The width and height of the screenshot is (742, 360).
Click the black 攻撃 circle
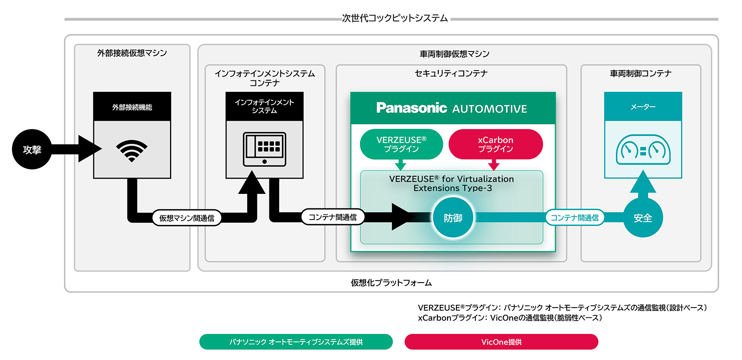click(x=32, y=149)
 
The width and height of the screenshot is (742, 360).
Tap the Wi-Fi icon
click(x=132, y=150)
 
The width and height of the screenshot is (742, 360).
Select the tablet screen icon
click(x=264, y=149)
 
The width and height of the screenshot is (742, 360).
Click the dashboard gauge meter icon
click(x=643, y=150)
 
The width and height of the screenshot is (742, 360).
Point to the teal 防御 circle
click(x=453, y=218)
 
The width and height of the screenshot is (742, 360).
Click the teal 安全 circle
click(x=643, y=218)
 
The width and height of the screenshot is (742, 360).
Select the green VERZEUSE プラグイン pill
click(x=402, y=144)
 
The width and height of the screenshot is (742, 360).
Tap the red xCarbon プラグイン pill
click(x=495, y=144)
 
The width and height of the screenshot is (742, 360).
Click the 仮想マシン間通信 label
click(x=186, y=218)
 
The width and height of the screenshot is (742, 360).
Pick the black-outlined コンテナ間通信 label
click(x=333, y=217)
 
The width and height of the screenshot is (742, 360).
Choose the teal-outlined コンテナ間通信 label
click(x=575, y=218)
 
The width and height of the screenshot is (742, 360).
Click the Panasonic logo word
click(x=411, y=108)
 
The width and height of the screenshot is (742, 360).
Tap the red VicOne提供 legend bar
click(x=501, y=342)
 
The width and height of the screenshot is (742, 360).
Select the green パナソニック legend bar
click(x=296, y=342)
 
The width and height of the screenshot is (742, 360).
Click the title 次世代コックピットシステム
click(x=395, y=19)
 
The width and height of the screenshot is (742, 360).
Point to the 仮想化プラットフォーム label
click(x=391, y=283)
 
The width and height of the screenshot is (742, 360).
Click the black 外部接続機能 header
click(x=132, y=107)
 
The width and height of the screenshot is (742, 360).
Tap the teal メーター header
click(x=643, y=107)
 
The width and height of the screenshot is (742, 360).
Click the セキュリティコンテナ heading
click(x=451, y=73)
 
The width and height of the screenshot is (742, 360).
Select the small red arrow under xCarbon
click(x=494, y=165)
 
